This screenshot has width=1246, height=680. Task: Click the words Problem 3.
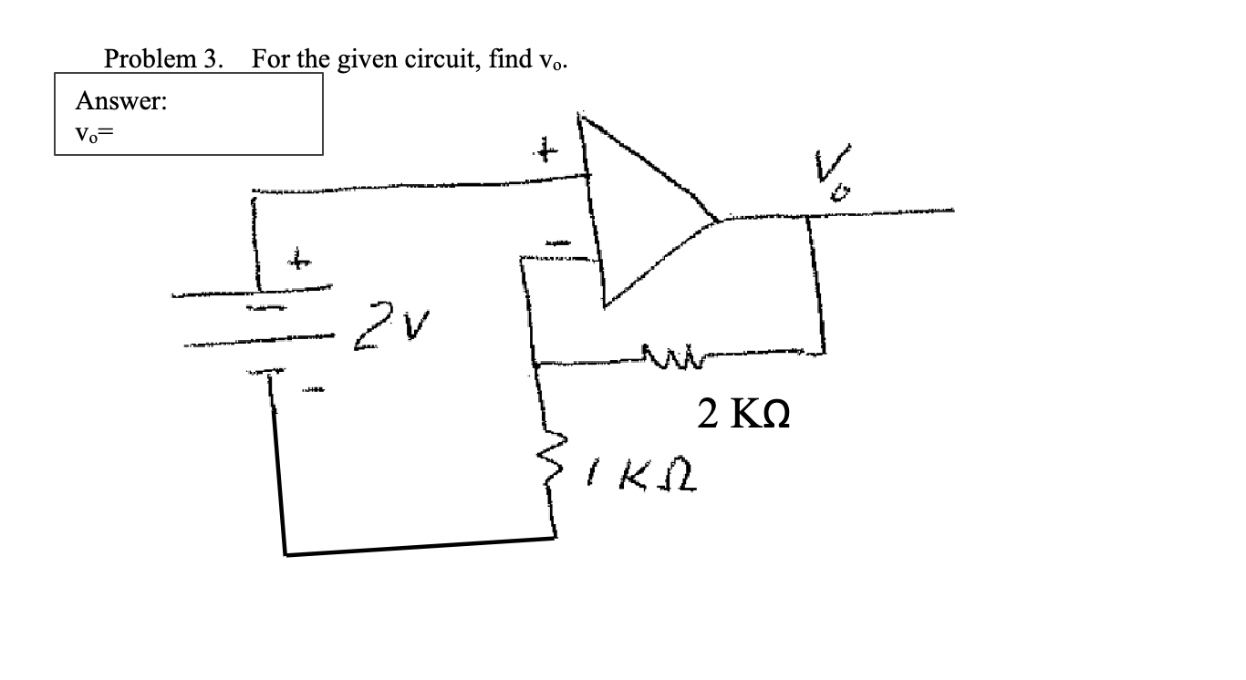point(163,59)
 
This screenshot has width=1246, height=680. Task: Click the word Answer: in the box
point(120,101)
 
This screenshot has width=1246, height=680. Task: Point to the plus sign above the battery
point(297,261)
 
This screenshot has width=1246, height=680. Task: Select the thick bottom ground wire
point(419,547)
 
